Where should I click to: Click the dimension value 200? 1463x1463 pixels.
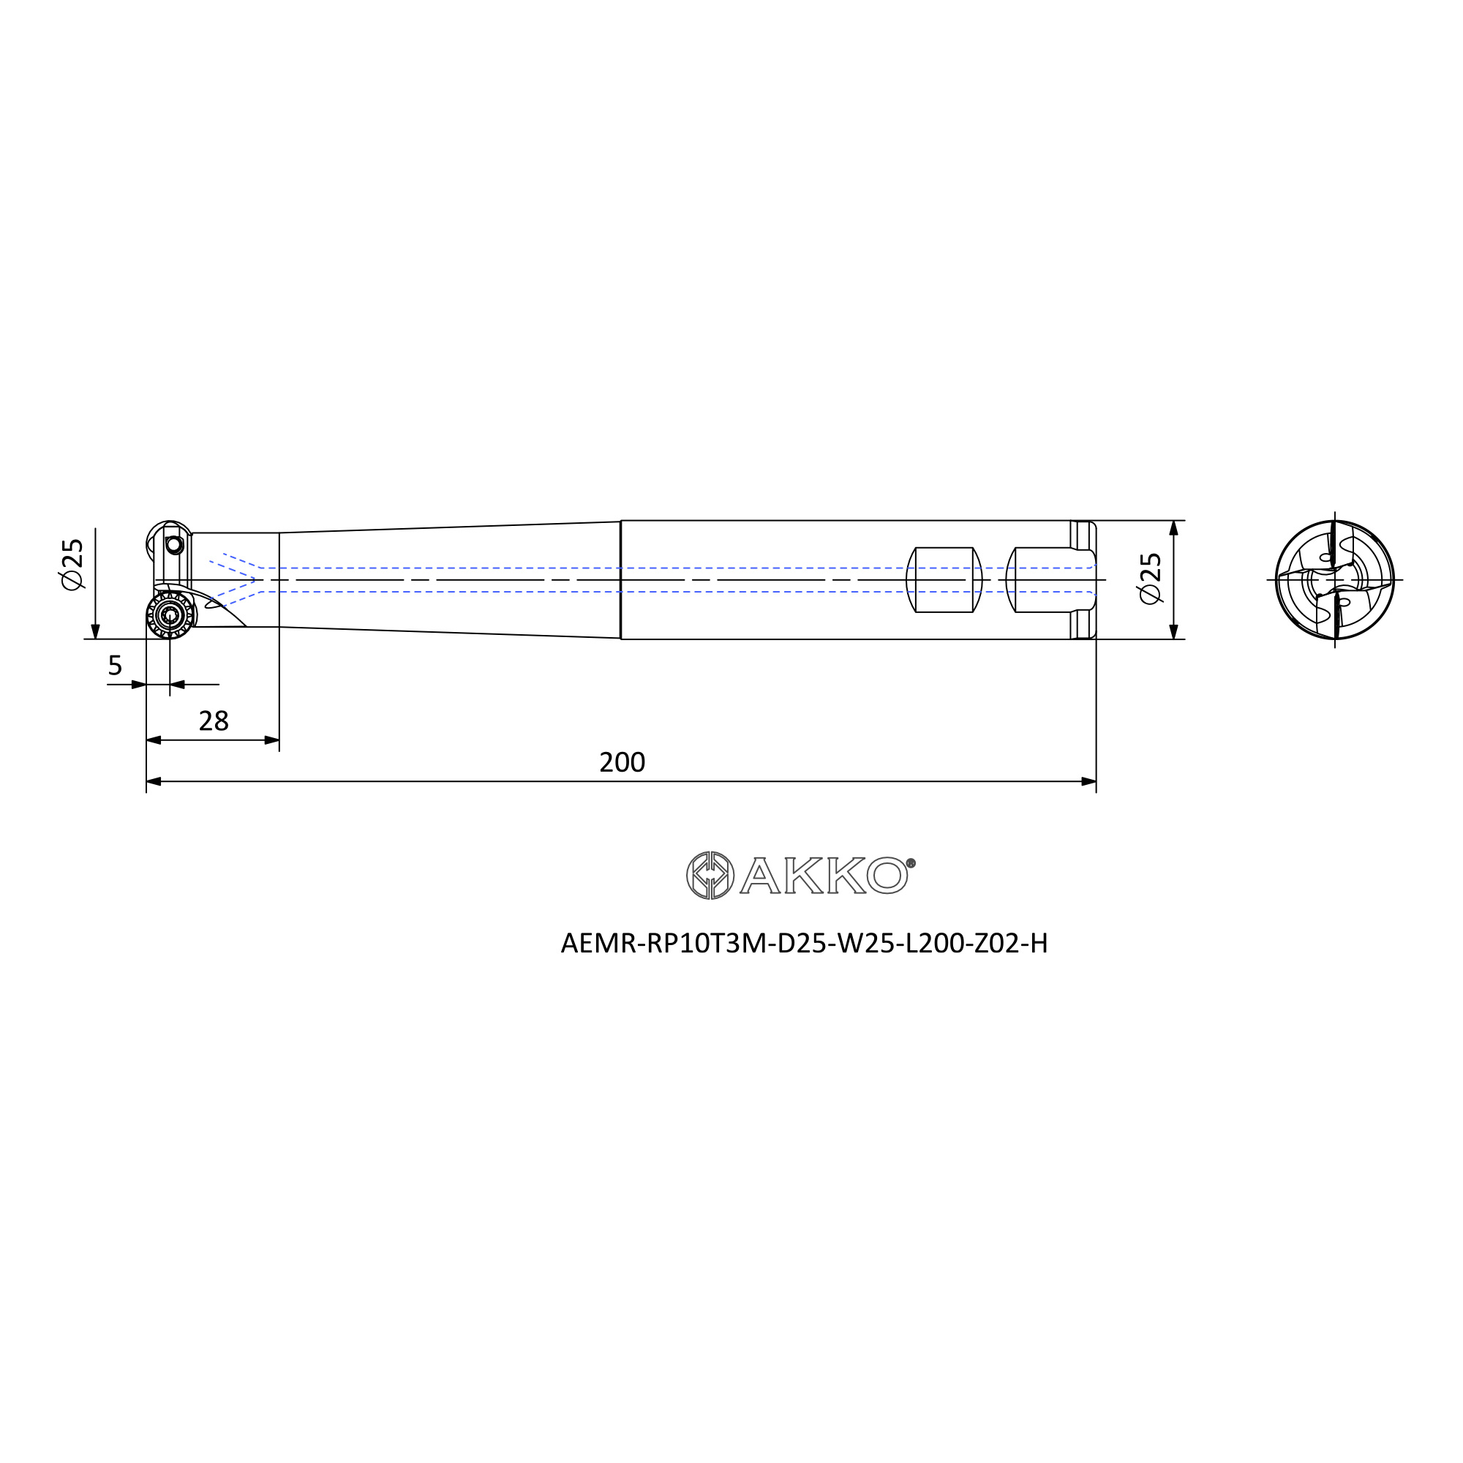tap(622, 761)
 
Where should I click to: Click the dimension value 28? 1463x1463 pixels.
tap(214, 721)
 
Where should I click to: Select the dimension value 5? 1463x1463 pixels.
tap(115, 666)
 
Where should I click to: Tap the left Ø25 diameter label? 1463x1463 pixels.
tap(72, 565)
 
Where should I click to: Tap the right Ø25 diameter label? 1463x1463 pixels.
tap(1150, 579)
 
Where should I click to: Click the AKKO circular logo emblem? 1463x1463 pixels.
tap(710, 876)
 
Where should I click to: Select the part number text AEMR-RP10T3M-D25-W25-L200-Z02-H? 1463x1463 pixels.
tap(804, 944)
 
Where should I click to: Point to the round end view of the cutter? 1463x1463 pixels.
tap(1334, 580)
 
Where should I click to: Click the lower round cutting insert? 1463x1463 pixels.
tap(170, 615)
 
